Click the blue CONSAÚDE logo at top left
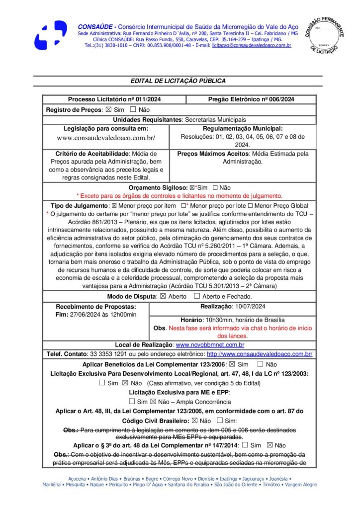50,34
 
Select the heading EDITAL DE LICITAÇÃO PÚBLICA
178,81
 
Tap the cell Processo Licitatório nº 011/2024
114,99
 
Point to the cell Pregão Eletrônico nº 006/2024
251,99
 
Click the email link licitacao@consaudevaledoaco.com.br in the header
251,45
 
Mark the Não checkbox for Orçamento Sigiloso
215,188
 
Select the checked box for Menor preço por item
113,206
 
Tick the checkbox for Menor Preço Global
250,206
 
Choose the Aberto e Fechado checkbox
197,297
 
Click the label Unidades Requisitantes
148,120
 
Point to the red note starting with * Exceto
179,196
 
